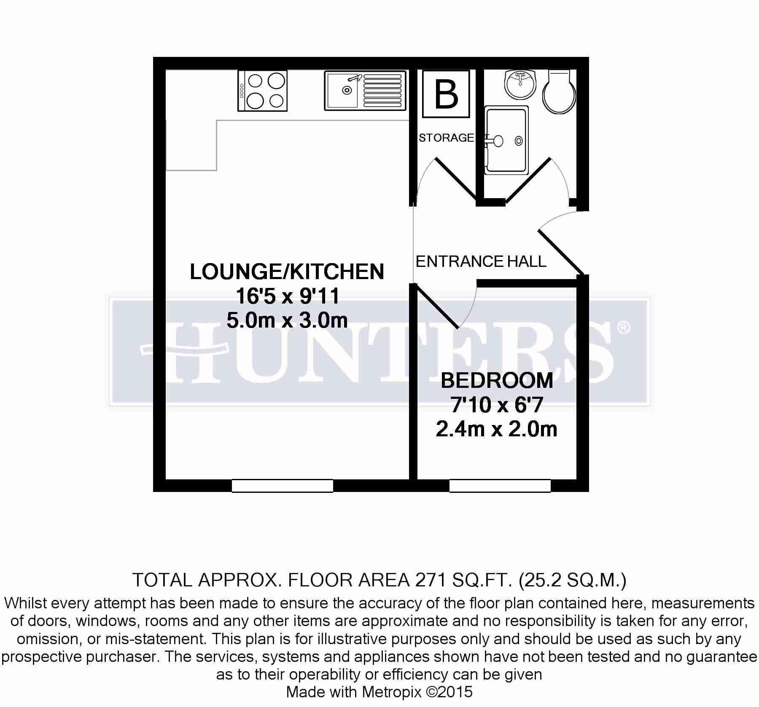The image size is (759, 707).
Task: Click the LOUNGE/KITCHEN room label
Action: click(x=287, y=272)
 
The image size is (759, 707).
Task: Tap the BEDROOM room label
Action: click(x=497, y=381)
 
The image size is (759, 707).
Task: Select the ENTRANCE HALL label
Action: click(x=481, y=261)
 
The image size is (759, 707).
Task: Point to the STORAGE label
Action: click(x=447, y=138)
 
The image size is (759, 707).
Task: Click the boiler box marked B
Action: click(x=446, y=94)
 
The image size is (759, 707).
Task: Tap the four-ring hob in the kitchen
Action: click(x=262, y=91)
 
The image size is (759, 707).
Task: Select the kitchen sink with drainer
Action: click(x=365, y=91)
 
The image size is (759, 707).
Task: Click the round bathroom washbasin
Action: click(x=520, y=84)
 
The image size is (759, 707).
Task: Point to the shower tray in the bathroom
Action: click(x=506, y=140)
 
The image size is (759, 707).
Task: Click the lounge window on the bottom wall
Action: click(x=283, y=486)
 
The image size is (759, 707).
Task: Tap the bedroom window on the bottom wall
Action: click(x=500, y=486)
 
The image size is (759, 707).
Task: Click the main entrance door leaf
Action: click(x=561, y=252)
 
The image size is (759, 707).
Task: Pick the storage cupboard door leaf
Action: click(x=456, y=179)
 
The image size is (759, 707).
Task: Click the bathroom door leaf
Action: click(x=528, y=180)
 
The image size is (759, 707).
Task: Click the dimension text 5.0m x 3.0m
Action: click(x=287, y=320)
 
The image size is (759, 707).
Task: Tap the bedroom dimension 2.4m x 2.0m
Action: click(x=497, y=429)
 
